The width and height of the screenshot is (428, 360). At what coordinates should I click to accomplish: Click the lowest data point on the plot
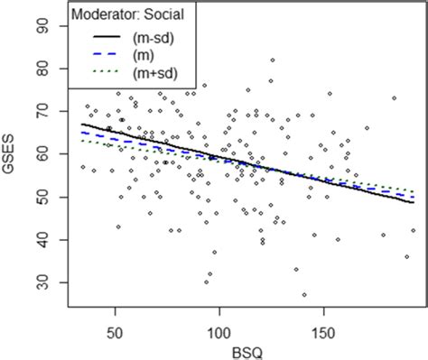(304, 295)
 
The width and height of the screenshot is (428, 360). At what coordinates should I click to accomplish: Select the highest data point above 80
(273, 60)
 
